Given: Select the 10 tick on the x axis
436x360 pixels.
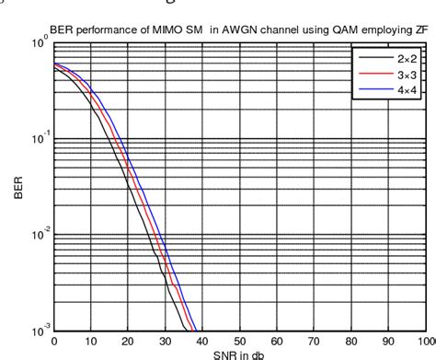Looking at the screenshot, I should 91,340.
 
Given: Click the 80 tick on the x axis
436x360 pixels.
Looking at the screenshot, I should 347,340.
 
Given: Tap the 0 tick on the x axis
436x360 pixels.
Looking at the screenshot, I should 54,340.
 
